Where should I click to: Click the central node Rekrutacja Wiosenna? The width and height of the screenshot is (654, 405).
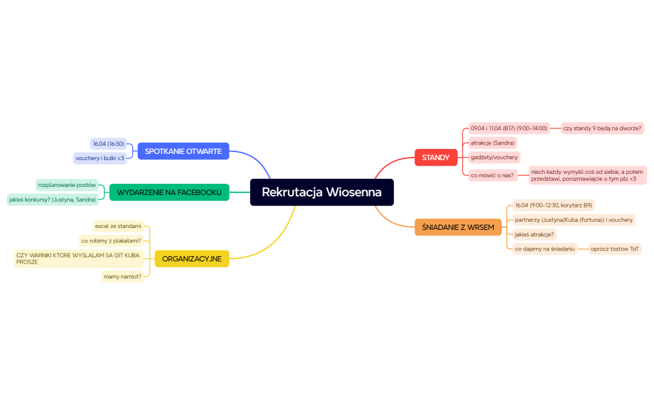click(322, 192)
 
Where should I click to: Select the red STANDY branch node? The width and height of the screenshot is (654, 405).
click(435, 158)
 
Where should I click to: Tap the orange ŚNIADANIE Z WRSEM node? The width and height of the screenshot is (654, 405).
click(458, 227)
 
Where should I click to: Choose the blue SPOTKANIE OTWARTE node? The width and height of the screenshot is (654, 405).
click(183, 151)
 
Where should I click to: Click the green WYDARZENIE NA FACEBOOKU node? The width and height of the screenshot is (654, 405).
click(169, 193)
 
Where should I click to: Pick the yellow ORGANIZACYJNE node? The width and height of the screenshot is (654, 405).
click(191, 259)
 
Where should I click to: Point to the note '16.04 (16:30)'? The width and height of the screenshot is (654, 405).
click(108, 144)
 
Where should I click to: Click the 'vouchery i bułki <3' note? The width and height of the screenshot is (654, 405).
click(100, 158)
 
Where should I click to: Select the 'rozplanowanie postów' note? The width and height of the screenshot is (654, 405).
click(67, 185)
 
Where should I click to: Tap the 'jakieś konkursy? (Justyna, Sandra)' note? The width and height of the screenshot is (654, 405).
click(52, 199)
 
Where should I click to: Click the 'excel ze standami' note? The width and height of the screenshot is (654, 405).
click(118, 226)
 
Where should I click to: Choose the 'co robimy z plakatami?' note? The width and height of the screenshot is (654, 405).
click(111, 241)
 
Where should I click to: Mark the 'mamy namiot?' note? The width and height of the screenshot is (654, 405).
click(123, 276)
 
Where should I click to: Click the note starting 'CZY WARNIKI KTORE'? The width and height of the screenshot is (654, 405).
click(79, 259)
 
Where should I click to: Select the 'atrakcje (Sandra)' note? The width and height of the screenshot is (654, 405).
click(493, 143)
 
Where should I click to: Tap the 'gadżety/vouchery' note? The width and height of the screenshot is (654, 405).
click(494, 157)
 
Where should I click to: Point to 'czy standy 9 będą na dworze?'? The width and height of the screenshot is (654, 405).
click(602, 128)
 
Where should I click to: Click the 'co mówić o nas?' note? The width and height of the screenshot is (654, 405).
click(492, 175)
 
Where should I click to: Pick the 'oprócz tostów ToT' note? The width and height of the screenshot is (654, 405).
click(615, 249)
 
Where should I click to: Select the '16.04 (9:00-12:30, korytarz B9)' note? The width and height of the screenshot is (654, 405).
click(554, 205)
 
